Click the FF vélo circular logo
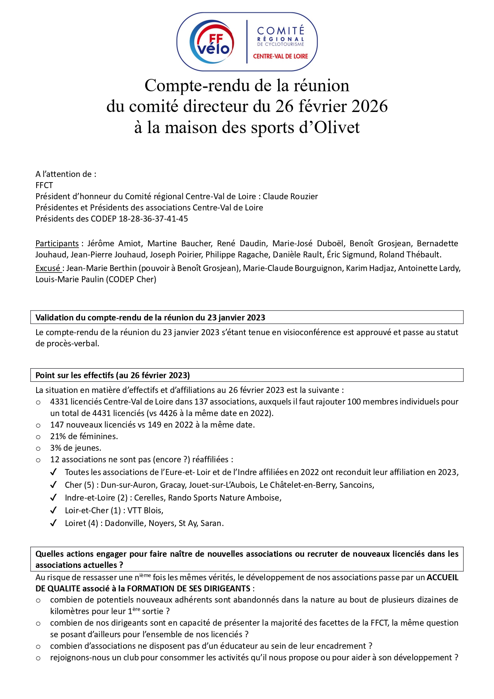tap(211, 42)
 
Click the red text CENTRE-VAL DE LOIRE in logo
tap(280, 56)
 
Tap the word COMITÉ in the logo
tap(281, 31)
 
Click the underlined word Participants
tap(57, 243)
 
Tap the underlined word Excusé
tap(48, 268)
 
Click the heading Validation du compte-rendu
tap(150, 318)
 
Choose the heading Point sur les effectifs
tap(113, 375)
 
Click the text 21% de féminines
tap(84, 436)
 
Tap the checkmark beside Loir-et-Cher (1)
tap(53, 511)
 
